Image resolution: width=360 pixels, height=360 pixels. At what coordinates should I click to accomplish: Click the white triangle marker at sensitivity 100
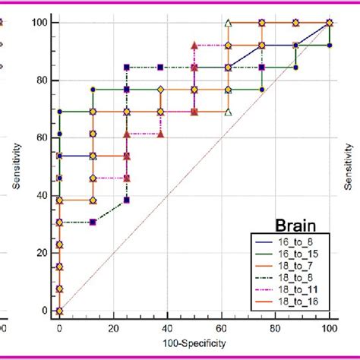pyautogui.click(x=228, y=24)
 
